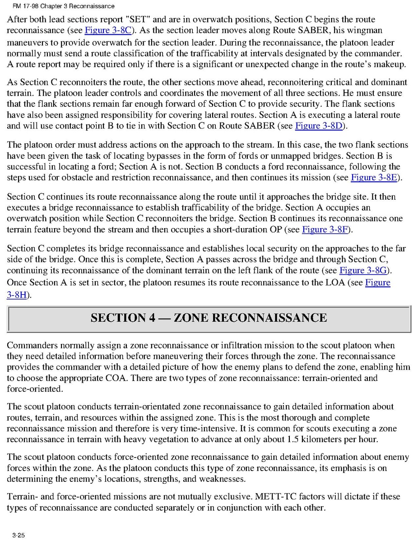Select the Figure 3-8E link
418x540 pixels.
[374, 177]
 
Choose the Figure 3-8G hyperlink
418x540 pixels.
[364, 270]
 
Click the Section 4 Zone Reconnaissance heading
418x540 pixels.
[209, 318]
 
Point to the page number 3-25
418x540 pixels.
[19, 535]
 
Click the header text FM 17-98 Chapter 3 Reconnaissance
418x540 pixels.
[60, 6]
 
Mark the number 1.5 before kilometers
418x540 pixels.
[293, 439]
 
